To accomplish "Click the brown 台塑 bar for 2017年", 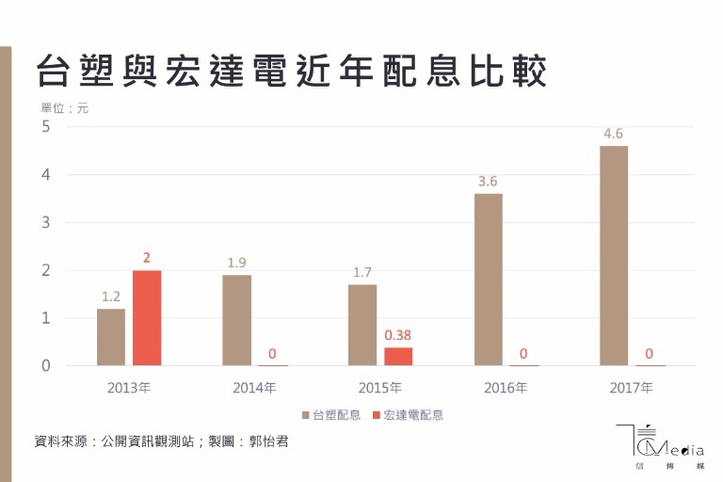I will click(614, 256).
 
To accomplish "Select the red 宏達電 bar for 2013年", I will click(147, 318).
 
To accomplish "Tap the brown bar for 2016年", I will click(489, 280).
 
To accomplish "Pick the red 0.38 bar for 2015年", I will click(398, 357).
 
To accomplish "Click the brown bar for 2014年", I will click(237, 320).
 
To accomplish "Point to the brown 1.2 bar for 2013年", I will click(111, 337).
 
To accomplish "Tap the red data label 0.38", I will click(398, 334).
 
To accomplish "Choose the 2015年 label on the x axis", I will click(380, 387).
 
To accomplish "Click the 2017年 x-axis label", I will click(632, 387).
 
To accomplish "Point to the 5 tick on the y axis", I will click(45, 127).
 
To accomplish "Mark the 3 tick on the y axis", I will click(45, 223).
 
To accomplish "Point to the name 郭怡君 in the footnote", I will click(265, 441).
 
